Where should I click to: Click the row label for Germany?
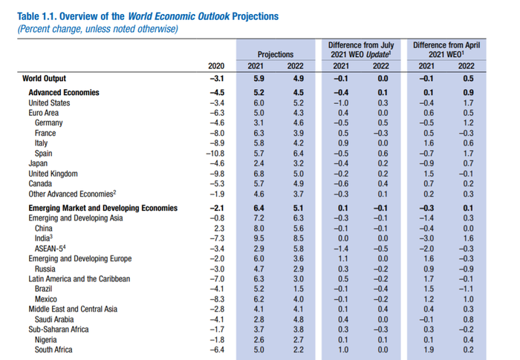coord(49,123)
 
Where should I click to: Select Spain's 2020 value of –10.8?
coord(215,154)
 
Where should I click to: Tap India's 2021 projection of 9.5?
coord(259,239)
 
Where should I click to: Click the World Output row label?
coord(44,79)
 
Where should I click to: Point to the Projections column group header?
coord(276,54)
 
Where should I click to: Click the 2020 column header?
coord(216,66)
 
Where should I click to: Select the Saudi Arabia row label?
coord(54,320)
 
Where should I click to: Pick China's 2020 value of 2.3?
coord(219,229)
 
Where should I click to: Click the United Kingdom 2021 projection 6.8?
coord(259,174)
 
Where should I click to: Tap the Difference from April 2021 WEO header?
coord(446,50)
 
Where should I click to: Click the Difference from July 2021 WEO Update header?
coord(361,50)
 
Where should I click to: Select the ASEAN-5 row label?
coord(50,249)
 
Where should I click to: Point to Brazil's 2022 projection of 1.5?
coord(299,289)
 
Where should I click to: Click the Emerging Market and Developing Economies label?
coord(103,208)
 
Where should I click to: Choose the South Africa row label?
coord(53,350)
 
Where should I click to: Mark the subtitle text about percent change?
coord(98,29)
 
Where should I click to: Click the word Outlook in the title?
coord(214,16)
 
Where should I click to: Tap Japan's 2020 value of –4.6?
coord(217,163)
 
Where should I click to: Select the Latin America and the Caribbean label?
coord(79,279)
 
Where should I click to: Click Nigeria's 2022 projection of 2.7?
coord(299,340)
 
